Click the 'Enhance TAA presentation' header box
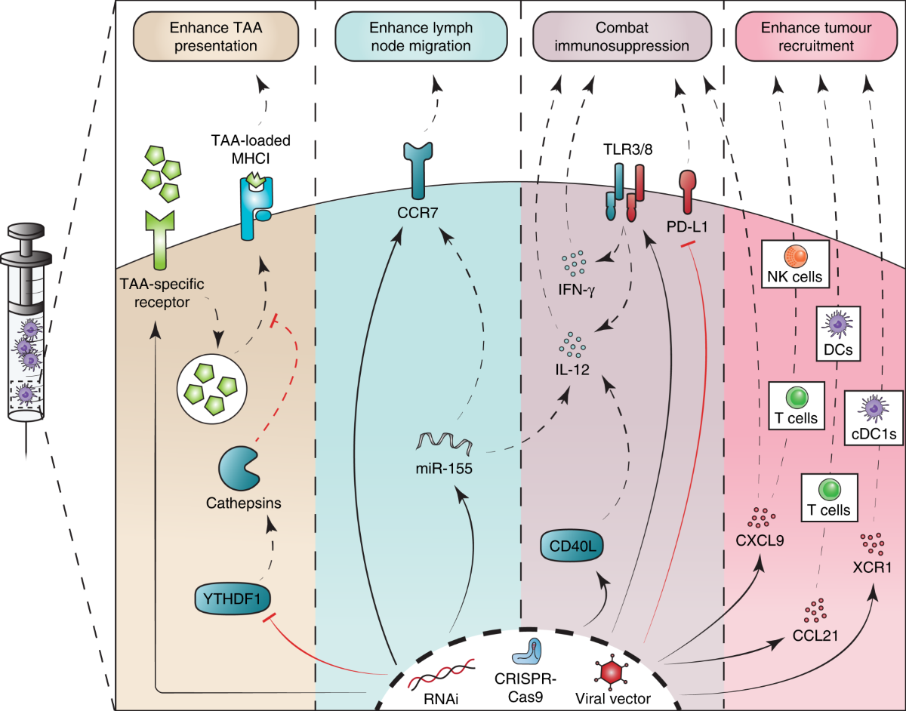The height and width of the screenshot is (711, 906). (x=216, y=37)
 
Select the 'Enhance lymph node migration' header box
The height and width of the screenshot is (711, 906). (x=421, y=37)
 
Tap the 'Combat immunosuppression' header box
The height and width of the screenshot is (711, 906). (x=621, y=37)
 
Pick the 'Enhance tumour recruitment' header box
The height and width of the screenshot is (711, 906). (x=816, y=37)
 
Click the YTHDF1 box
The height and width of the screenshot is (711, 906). (x=233, y=599)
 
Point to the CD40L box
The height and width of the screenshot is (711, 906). (x=572, y=546)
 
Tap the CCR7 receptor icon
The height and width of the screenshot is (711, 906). (x=418, y=171)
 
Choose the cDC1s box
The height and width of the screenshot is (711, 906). (x=874, y=417)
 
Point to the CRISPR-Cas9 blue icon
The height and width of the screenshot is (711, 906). (x=526, y=653)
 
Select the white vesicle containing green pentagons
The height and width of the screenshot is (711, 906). (x=212, y=389)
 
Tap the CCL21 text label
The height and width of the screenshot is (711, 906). (x=815, y=636)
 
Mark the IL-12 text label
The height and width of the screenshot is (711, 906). (x=572, y=369)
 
